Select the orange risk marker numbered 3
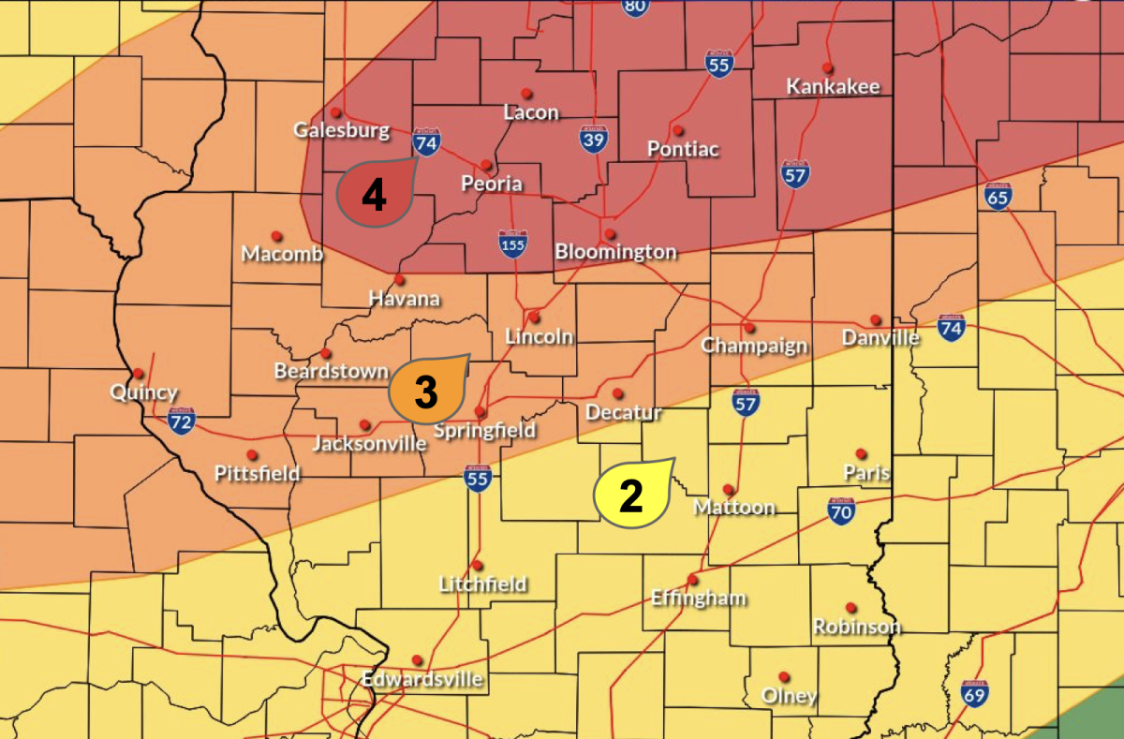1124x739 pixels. pyautogui.click(x=427, y=391)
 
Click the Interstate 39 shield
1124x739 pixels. pyautogui.click(x=592, y=140)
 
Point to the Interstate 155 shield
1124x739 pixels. pyautogui.click(x=512, y=243)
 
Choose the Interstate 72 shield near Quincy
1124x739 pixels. pyautogui.click(x=182, y=421)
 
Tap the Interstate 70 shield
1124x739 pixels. pyautogui.click(x=841, y=510)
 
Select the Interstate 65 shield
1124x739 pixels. pyautogui.click(x=998, y=197)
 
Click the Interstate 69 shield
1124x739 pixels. pyautogui.click(x=974, y=694)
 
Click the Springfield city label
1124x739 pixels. pyautogui.click(x=485, y=430)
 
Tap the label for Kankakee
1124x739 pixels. pyautogui.click(x=833, y=86)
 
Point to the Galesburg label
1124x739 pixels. pyautogui.click(x=342, y=130)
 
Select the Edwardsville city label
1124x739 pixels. pyautogui.click(x=422, y=678)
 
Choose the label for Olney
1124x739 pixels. pyautogui.click(x=789, y=696)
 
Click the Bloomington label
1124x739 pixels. pyautogui.click(x=615, y=251)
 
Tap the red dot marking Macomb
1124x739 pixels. pyautogui.click(x=276, y=236)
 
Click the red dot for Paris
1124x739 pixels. pyautogui.click(x=861, y=453)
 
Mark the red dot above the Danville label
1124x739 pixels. pyautogui.click(x=876, y=320)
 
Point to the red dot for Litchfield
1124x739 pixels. pyautogui.click(x=477, y=566)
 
